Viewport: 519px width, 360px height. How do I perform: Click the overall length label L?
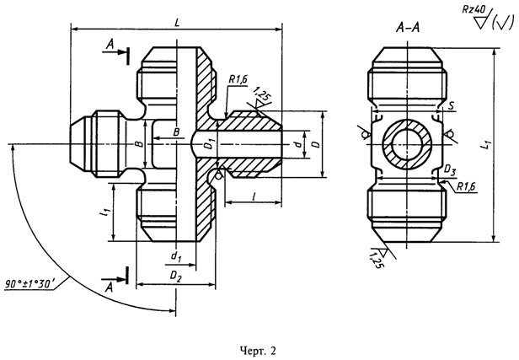(x=177, y=23)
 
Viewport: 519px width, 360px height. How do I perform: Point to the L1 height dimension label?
(x=487, y=145)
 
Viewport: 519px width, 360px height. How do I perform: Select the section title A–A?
(x=408, y=28)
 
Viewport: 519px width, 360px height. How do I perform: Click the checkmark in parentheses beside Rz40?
(x=502, y=23)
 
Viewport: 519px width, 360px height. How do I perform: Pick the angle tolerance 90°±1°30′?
(x=30, y=284)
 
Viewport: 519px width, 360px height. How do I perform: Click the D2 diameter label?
(x=176, y=277)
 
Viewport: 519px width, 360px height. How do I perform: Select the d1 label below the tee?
(x=176, y=256)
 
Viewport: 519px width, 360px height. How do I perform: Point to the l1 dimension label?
(x=105, y=212)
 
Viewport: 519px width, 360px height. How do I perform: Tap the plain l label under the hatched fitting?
(x=254, y=196)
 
